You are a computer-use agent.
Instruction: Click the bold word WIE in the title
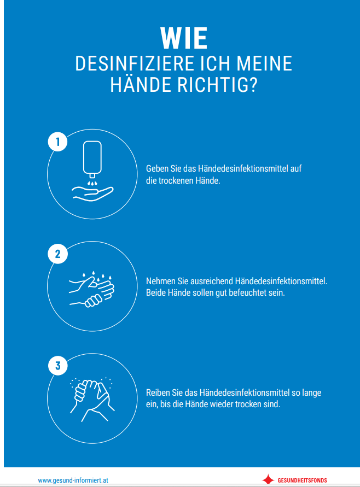coord(183,39)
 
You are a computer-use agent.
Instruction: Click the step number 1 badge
coord(57,142)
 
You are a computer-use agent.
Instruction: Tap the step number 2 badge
coord(57,254)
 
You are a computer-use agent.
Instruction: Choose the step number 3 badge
coord(57,365)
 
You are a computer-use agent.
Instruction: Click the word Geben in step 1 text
coord(156,169)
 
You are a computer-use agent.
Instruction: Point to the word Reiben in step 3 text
coord(158,393)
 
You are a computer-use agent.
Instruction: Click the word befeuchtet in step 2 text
coord(246,292)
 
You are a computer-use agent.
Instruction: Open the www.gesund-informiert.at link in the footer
coord(73,480)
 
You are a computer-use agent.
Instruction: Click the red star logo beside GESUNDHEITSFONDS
coord(268,480)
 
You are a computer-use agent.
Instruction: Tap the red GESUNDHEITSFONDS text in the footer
coord(302,480)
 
